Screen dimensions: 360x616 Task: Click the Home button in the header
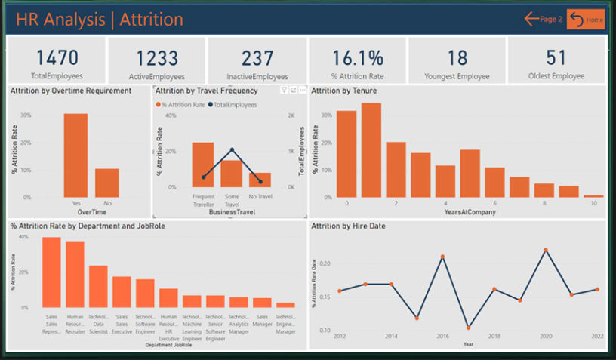tap(586, 19)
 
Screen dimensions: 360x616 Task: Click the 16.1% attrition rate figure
tap(357, 57)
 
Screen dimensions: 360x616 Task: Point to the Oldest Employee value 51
tap(556, 57)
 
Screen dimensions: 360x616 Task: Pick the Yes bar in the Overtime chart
tap(75, 155)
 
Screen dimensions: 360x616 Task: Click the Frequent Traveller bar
tap(203, 165)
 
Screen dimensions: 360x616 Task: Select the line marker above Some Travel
tap(232, 150)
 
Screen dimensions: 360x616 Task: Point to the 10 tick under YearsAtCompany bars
tap(593, 203)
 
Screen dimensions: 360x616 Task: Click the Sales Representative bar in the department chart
tap(51, 272)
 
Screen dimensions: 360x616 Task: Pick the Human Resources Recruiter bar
tap(75, 275)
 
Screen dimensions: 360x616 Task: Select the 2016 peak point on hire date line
tap(442, 257)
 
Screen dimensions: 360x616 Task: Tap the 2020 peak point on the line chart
tap(545, 250)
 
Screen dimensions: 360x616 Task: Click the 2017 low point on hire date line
tap(468, 328)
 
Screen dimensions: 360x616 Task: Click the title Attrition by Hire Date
tap(346, 226)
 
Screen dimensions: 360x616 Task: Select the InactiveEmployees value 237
tap(257, 57)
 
